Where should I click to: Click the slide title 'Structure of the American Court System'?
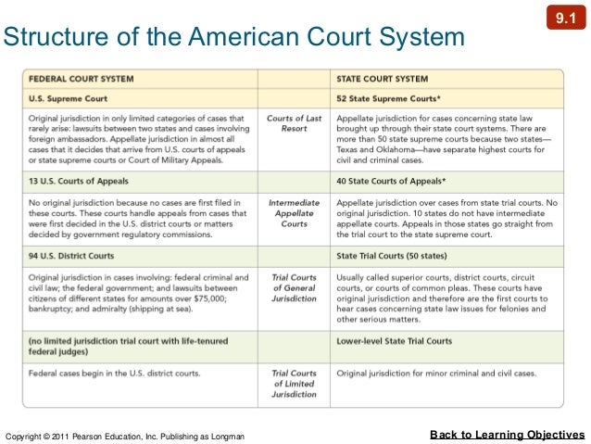coord(233,38)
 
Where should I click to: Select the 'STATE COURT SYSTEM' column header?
coord(382,78)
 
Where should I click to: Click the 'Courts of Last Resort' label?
coord(294,123)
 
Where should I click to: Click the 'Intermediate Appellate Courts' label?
coord(294,212)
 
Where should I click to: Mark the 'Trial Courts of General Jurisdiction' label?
coord(294,288)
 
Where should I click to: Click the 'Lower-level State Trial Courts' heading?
coord(395,341)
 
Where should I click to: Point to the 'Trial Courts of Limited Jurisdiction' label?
coord(294,383)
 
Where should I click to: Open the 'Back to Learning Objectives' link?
coord(508,434)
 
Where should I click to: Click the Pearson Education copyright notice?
coord(125,436)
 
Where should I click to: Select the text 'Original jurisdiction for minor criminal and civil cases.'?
coord(436,373)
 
